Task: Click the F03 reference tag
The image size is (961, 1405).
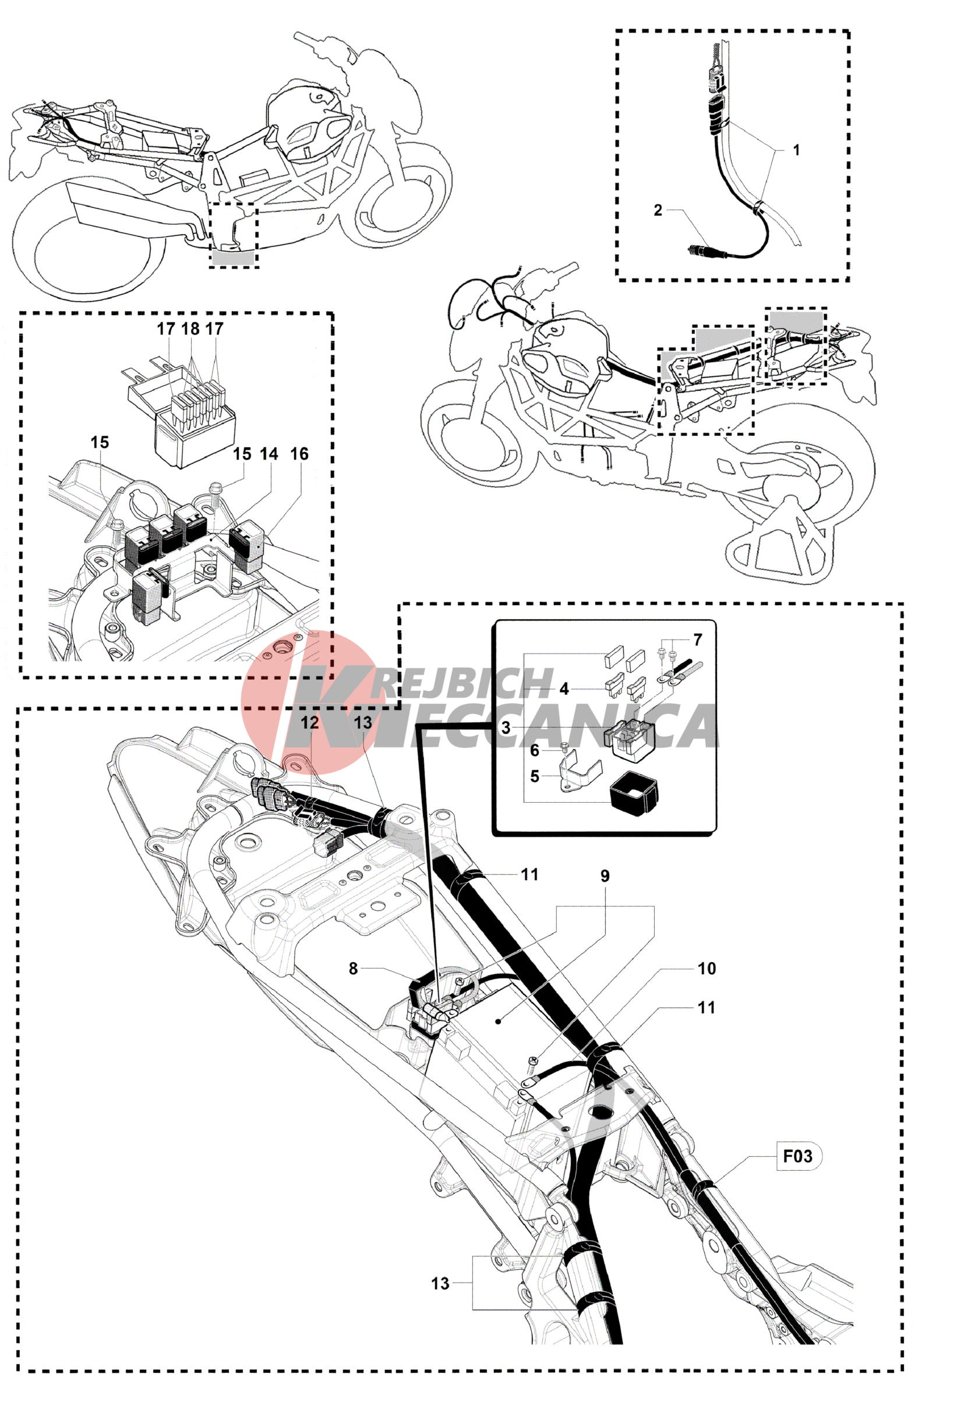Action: [x=799, y=1156]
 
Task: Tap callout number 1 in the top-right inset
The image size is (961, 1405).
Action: [x=797, y=149]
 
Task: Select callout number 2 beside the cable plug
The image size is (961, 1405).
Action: [x=658, y=210]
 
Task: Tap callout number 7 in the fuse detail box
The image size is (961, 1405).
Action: [x=698, y=639]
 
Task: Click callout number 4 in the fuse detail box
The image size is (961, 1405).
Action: [x=564, y=689]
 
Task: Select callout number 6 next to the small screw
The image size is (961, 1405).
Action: [x=534, y=750]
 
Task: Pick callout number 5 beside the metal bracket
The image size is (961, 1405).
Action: [x=534, y=776]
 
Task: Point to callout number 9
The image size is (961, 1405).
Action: [x=605, y=876]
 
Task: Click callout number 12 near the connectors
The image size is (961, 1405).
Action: [x=309, y=722]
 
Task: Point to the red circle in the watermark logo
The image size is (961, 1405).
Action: [x=308, y=702]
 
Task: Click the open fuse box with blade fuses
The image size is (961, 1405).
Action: [x=181, y=411]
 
